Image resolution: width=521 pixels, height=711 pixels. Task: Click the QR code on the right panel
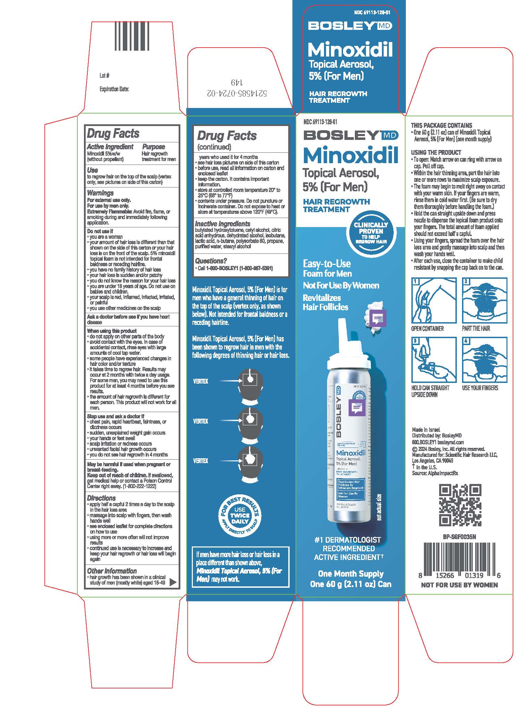[x=460, y=505]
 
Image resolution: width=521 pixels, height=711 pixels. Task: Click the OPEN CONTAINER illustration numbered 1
[x=434, y=300]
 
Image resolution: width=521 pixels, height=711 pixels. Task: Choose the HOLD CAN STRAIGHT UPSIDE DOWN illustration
[x=434, y=360]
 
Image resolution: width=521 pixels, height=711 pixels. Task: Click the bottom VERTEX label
[x=200, y=461]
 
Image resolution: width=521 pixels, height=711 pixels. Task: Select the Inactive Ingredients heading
[x=222, y=224]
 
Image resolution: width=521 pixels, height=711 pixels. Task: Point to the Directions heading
[x=101, y=498]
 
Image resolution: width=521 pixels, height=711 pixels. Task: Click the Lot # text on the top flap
[x=104, y=75]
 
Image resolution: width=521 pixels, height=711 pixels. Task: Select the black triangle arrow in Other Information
[x=172, y=583]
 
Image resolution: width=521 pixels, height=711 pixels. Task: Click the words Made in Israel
[x=426, y=429]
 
